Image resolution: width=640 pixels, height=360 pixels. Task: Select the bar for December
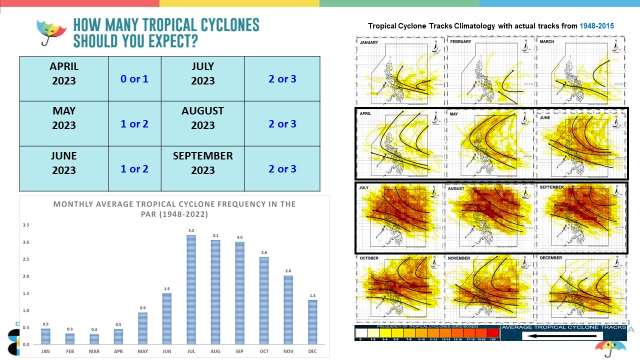pos(312,322)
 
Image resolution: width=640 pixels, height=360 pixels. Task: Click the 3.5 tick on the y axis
pos(26,225)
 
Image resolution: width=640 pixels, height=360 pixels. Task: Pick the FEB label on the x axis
pos(69,351)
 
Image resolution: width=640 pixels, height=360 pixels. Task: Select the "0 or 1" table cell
pos(134,79)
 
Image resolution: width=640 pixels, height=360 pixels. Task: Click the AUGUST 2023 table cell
pos(202,118)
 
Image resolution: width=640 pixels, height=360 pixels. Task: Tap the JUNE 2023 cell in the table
pos(64,163)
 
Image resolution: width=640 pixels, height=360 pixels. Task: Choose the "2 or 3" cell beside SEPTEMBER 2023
pos(282,169)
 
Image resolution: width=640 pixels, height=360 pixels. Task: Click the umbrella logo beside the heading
pos(52,32)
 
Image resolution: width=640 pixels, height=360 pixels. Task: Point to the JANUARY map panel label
pos(369,42)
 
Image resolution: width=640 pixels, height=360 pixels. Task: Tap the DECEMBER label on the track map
pos(550,258)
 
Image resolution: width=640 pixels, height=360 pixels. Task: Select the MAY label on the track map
pos(454,113)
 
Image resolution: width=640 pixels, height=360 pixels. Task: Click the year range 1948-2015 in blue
pos(596,25)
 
